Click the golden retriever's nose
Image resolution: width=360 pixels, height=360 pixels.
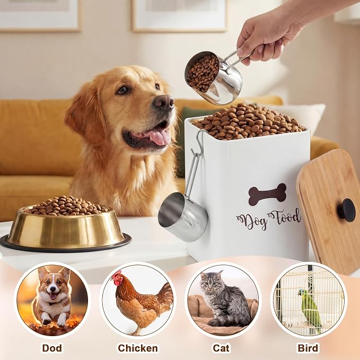[163, 103]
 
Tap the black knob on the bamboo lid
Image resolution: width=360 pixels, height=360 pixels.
[346, 210]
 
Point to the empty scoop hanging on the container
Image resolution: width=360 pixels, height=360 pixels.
[183, 217]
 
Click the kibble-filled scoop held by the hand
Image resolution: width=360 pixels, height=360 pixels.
[214, 77]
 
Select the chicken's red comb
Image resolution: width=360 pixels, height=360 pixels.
[118, 275]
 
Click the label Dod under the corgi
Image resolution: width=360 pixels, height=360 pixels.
[52, 348]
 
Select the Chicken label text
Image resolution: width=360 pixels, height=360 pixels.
[138, 348]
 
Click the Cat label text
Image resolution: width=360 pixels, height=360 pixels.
[221, 348]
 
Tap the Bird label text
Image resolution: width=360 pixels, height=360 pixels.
[308, 348]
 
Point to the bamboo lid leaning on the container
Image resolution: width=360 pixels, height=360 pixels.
[328, 207]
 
